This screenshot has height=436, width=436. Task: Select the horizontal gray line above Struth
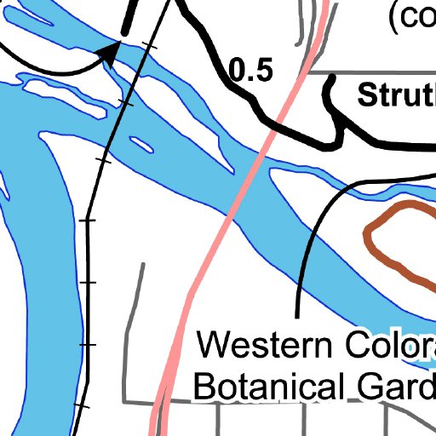375,72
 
